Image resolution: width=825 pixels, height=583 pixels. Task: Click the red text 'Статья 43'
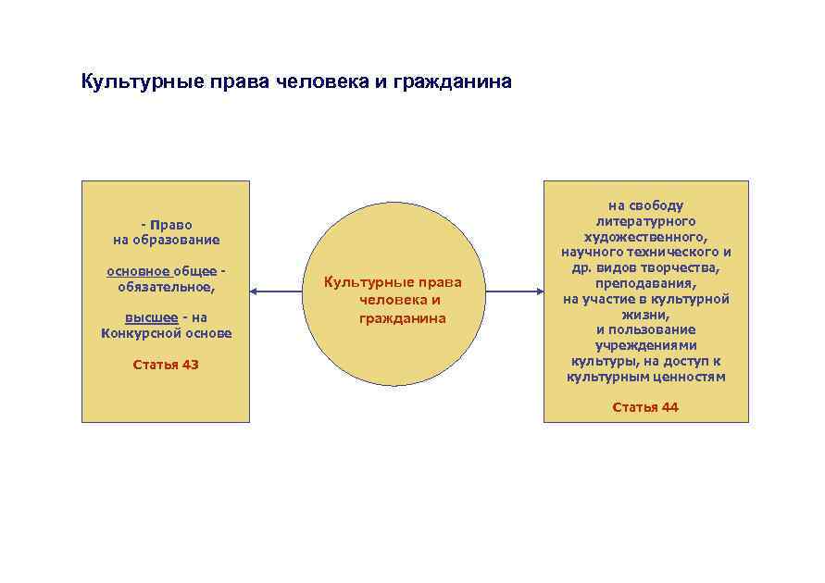tap(166, 365)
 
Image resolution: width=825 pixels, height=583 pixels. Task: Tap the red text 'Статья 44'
tap(645, 407)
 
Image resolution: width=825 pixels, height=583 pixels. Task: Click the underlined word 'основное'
tap(138, 271)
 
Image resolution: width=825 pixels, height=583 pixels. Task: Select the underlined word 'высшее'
tap(151, 317)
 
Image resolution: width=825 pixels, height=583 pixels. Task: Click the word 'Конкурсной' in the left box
tap(135, 333)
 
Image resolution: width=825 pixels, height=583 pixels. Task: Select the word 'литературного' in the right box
tap(645, 221)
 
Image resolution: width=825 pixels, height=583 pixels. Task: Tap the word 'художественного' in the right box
tap(644, 237)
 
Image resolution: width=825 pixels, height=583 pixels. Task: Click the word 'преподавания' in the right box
tap(644, 283)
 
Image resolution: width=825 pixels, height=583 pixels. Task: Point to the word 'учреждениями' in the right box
tap(645, 345)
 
